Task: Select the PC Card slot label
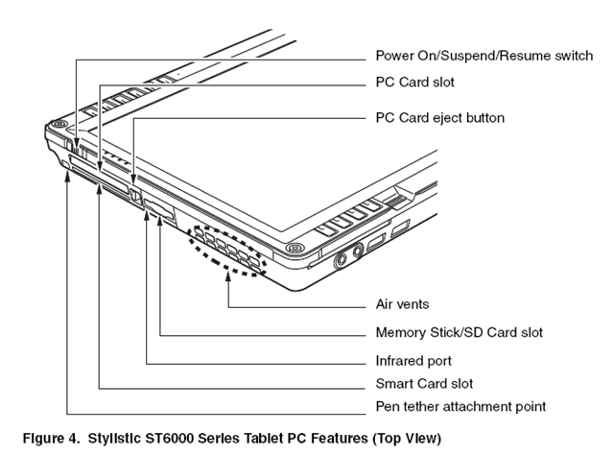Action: point(415,84)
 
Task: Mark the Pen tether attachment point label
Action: point(460,408)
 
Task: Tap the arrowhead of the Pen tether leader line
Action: point(68,177)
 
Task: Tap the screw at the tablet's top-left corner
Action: point(59,125)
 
